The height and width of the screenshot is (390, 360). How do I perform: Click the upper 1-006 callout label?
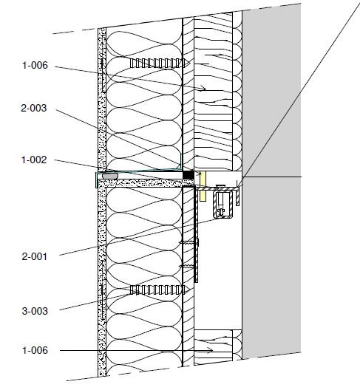[x=35, y=66]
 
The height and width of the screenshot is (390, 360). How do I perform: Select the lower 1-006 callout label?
[x=35, y=350]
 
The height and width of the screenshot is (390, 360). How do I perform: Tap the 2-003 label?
[x=34, y=108]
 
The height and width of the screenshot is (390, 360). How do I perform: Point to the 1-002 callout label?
[x=34, y=160]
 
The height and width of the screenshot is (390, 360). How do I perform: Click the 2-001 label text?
[x=34, y=256]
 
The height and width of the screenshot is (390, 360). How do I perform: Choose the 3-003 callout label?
[x=35, y=311]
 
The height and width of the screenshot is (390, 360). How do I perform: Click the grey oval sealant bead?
[x=110, y=176]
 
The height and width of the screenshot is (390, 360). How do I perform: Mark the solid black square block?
[x=189, y=175]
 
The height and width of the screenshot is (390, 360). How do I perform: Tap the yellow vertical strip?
[x=203, y=186]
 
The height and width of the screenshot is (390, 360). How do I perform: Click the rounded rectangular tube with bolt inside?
[x=223, y=204]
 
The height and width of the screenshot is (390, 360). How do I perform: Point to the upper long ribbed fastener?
[x=160, y=64]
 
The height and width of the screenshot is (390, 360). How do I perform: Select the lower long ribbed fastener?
[x=160, y=290]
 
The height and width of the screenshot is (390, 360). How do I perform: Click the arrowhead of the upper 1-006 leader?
[x=204, y=88]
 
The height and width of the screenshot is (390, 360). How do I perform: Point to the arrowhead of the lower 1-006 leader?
[x=211, y=350]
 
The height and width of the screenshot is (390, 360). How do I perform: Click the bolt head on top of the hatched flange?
[x=220, y=186]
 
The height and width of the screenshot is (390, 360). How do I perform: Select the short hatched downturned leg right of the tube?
[x=238, y=197]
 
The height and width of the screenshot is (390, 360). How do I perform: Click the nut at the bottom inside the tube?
[x=220, y=212]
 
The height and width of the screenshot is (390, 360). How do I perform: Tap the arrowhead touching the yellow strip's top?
[x=199, y=174]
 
